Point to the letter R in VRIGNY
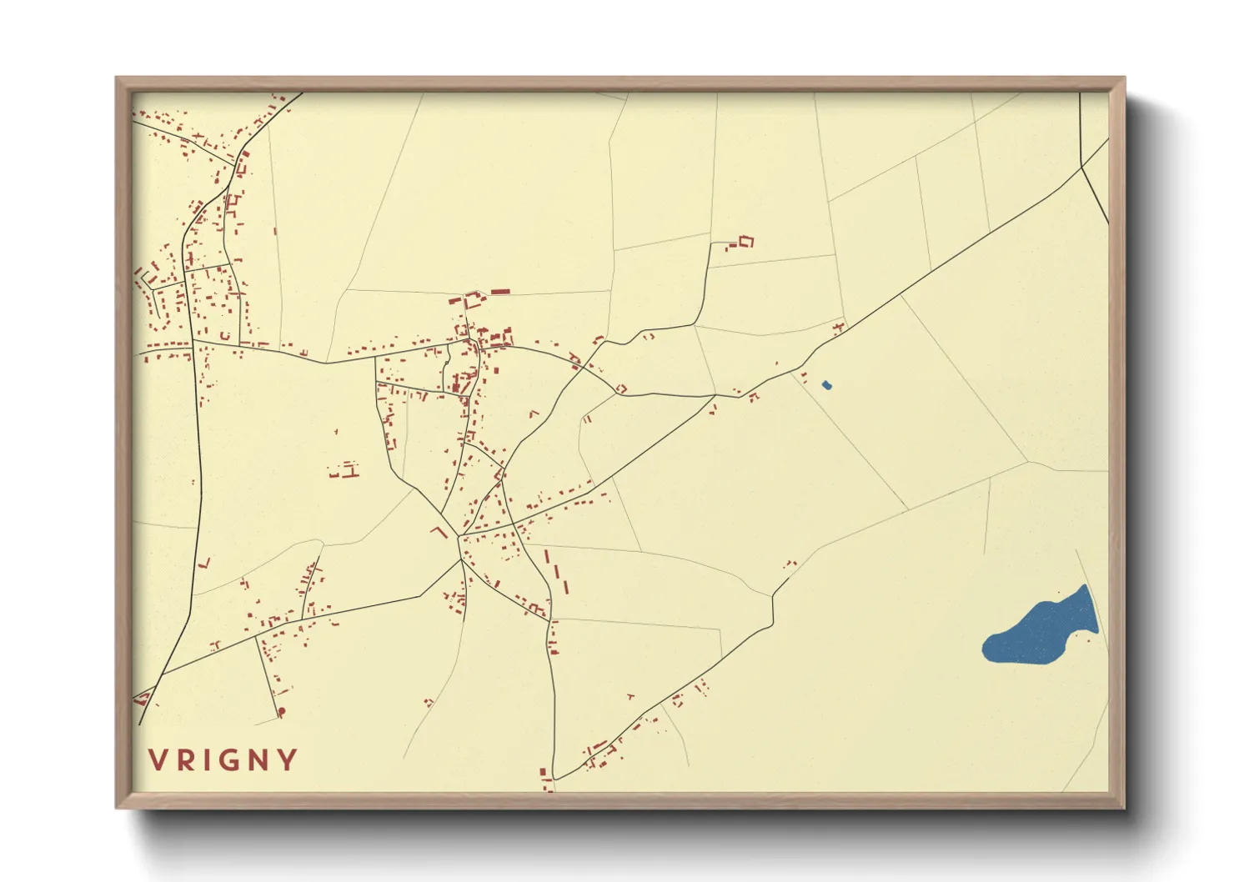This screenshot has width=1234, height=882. [x=182, y=760]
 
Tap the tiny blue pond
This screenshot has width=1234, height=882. [x=826, y=385]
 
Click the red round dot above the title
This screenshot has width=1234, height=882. [x=281, y=712]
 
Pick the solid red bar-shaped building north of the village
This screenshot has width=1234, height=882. [x=500, y=292]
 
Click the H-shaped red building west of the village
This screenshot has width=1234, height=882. [x=350, y=470]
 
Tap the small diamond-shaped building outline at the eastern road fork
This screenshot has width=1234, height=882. [x=621, y=388]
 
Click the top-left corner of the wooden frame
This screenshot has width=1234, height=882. [x=117, y=78]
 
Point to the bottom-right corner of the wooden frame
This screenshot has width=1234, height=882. [x=1124, y=807]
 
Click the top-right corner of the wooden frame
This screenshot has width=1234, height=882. [x=1124, y=78]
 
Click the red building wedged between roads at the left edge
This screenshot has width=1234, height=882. [x=141, y=699]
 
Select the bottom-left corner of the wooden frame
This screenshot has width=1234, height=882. [x=117, y=807]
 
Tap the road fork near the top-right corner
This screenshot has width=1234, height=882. [x=1081, y=168]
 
